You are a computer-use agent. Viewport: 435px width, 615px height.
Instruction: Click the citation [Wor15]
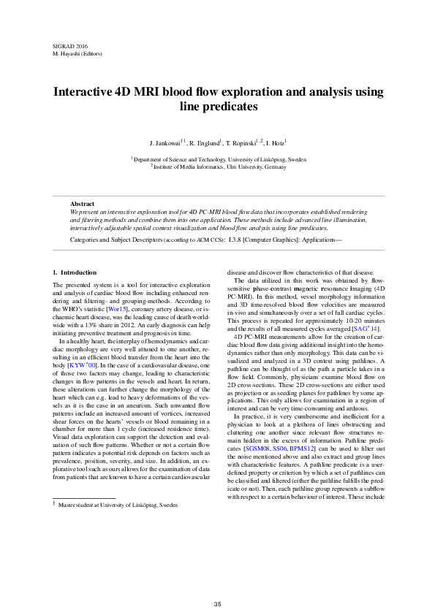tap(118, 309)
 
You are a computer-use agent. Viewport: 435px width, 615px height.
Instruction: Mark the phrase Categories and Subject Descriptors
tap(116, 239)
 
